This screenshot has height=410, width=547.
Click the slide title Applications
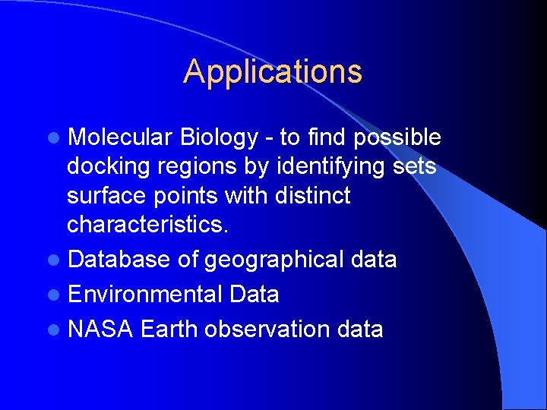coord(273,72)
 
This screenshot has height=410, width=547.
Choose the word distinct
coord(310,195)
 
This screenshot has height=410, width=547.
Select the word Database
coord(119,260)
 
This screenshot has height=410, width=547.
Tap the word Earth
coord(169,330)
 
